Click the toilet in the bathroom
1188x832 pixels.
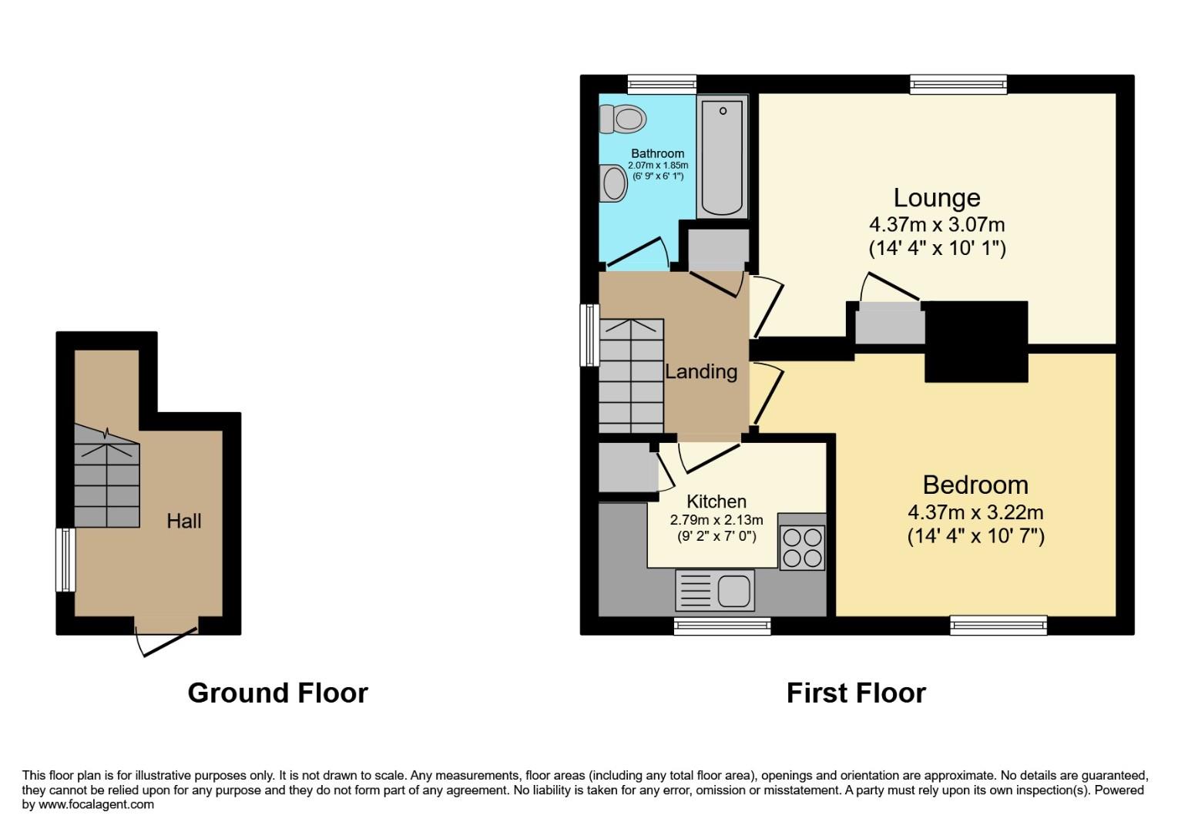tap(623, 119)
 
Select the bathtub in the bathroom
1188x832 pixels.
tap(722, 156)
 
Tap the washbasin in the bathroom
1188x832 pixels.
tap(615, 183)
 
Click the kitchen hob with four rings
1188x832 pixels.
tap(802, 547)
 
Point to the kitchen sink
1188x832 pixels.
tap(715, 591)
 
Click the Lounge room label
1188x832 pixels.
tap(936, 198)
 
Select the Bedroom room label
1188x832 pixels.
tap(975, 485)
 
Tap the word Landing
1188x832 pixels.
tap(701, 371)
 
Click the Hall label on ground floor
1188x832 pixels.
tap(184, 521)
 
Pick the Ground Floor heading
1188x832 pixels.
tap(277, 693)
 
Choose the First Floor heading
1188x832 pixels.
tap(855, 693)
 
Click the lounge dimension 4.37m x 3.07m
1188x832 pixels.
tap(936, 225)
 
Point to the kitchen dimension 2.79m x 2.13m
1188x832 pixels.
tap(716, 520)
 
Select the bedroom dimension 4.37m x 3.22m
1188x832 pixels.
tap(975, 512)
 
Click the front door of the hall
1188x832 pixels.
tap(166, 636)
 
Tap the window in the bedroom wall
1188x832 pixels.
tap(998, 625)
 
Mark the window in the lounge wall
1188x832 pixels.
tap(958, 84)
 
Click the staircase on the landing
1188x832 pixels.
tap(631, 375)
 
